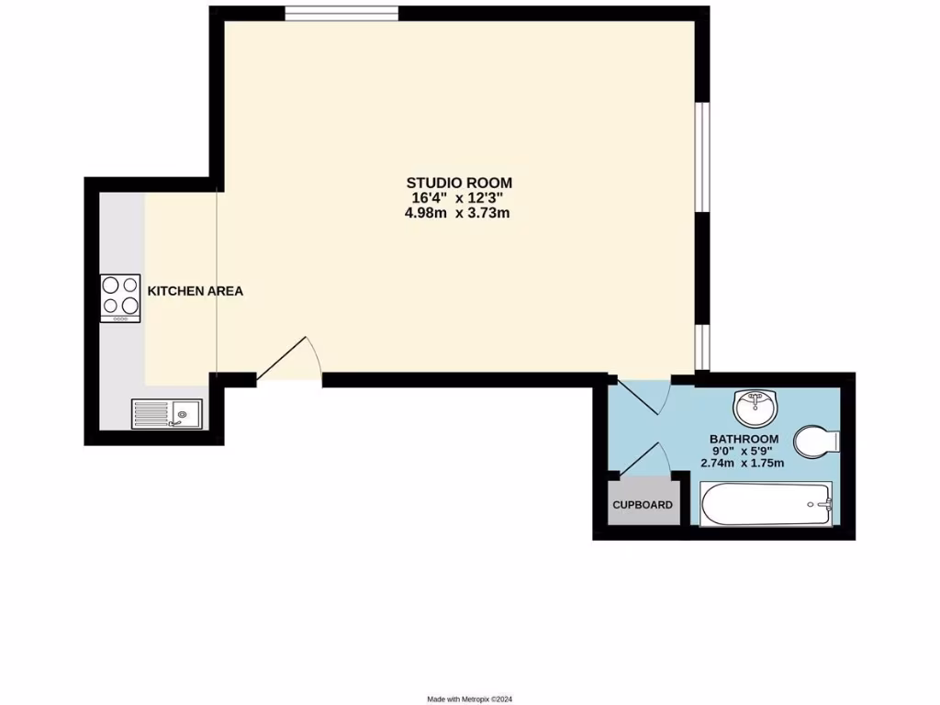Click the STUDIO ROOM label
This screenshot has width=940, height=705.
pos(460,182)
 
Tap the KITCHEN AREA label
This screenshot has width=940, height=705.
pos(196,291)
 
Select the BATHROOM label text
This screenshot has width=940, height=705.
pos(744,439)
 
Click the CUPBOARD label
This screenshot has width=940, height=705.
pos(643,505)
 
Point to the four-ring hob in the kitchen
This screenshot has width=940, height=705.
pos(120,297)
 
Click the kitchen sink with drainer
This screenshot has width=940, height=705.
pos(166,414)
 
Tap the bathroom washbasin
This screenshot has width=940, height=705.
pos(755,406)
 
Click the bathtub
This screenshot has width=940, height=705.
pos(766,505)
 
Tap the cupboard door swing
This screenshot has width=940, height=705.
pos(646,459)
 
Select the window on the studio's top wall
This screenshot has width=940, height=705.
pos(341,12)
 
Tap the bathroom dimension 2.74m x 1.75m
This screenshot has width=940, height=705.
pos(743,464)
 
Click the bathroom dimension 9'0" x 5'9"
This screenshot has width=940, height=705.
pos(744,452)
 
